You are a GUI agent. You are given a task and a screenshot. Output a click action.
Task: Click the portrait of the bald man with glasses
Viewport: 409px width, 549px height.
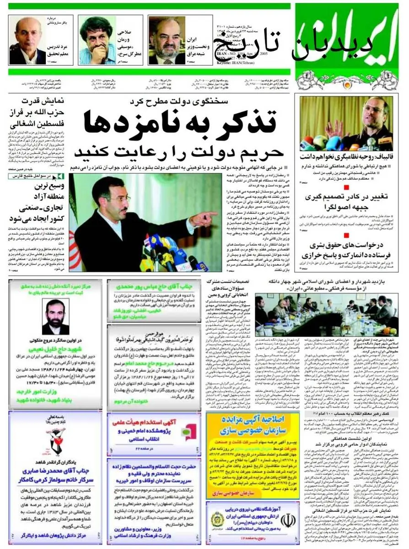(x=27, y=41)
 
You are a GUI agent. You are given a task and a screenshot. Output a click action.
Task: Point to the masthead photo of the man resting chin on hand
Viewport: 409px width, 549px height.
(x=97, y=41)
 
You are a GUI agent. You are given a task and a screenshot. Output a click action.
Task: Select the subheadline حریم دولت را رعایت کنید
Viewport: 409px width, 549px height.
(x=178, y=151)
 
